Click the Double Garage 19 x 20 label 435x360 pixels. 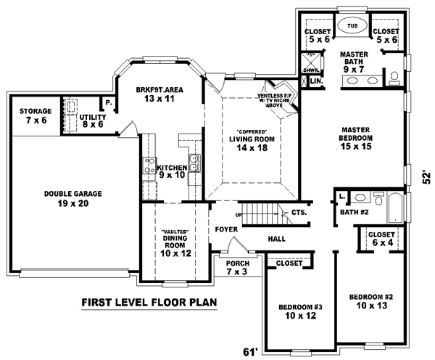click(x=72, y=199)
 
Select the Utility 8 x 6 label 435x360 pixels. click(x=93, y=120)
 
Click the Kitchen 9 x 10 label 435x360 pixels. click(x=173, y=171)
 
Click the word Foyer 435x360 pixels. click(x=226, y=230)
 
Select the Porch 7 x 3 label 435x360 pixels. click(x=236, y=267)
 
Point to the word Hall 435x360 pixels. click(x=276, y=238)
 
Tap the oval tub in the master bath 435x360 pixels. click(x=353, y=26)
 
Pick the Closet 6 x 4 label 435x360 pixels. click(x=381, y=240)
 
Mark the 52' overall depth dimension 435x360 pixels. click(x=427, y=177)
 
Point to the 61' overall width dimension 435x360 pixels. click(x=249, y=352)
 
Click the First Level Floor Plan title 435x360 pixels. click(x=149, y=302)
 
